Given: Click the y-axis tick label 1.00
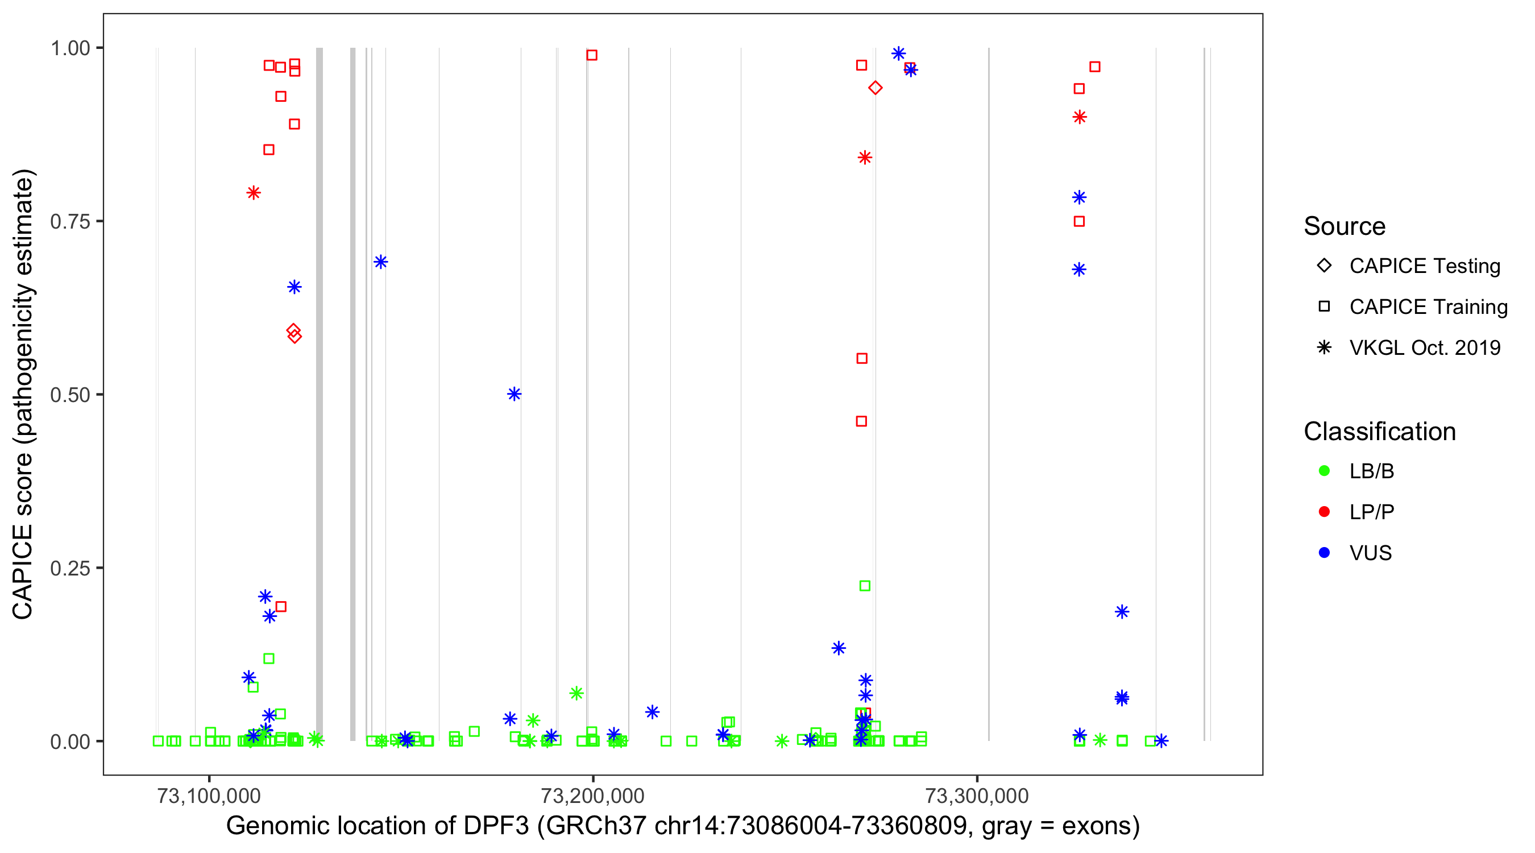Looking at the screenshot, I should [70, 48].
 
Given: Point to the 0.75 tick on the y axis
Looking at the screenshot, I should [70, 222].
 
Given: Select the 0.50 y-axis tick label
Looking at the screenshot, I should [70, 395].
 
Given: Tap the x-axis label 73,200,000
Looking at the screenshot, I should [592, 796].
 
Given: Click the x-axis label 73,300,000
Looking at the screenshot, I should [977, 796].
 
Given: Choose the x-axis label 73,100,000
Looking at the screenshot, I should [209, 796].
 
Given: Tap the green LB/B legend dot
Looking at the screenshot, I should [1324, 471].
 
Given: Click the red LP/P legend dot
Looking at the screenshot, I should [1324, 512].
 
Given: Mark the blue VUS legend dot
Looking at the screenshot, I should [1324, 553].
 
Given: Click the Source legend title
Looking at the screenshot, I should [1345, 226].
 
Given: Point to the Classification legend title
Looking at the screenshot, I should [1379, 432].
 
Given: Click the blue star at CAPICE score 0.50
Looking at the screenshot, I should [515, 394].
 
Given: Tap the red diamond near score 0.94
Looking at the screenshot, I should [875, 88].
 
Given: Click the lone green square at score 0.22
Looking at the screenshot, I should [865, 586].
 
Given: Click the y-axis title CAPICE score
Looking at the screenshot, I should [24, 395].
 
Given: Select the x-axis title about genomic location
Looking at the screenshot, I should [683, 826].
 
